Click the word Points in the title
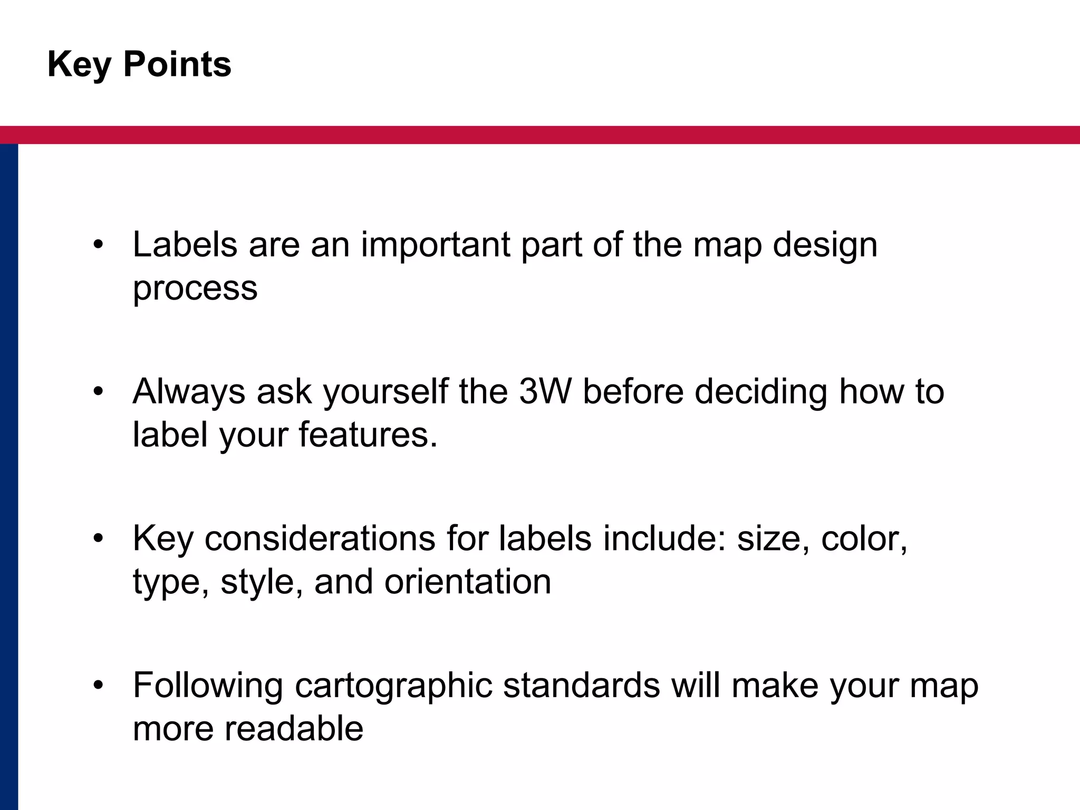[177, 64]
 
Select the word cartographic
[393, 686]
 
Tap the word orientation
[468, 582]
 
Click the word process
[195, 289]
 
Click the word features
[368, 435]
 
